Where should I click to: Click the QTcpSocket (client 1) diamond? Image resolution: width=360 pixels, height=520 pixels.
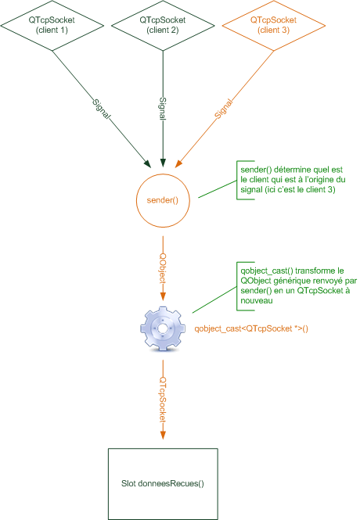(52, 24)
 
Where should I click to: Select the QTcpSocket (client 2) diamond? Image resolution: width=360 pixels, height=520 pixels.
(162, 24)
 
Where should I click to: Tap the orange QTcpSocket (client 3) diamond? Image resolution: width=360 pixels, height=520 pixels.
(272, 24)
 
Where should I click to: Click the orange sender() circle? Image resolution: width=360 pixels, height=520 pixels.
(163, 200)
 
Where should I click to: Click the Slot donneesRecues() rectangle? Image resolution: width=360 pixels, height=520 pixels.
(163, 483)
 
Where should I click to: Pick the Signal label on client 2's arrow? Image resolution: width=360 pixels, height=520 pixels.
(163, 107)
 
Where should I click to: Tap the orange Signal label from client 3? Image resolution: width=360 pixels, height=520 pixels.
(223, 109)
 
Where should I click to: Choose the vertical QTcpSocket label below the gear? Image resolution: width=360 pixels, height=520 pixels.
(163, 400)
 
